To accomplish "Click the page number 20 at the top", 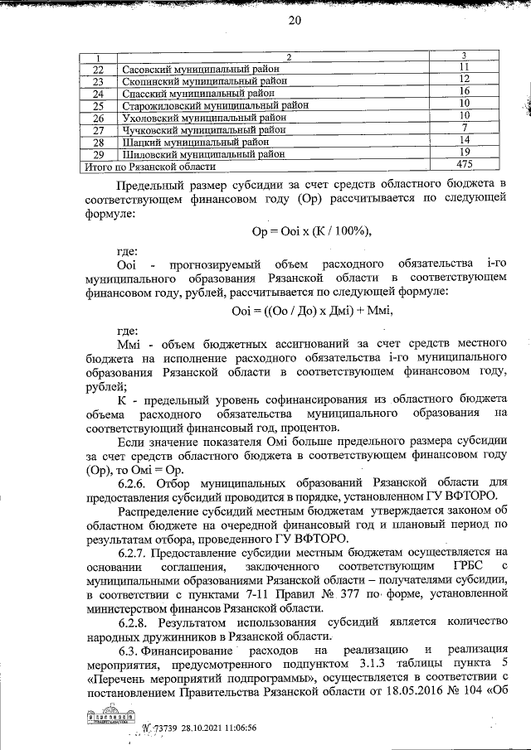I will [x=294, y=22].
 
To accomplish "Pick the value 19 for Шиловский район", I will [x=465, y=152].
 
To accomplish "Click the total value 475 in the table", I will [x=465, y=166].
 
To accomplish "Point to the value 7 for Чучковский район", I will [x=465, y=128].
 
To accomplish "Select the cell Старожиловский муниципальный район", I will [x=215, y=106].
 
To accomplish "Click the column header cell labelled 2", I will [x=290, y=56].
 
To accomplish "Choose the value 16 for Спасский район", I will [x=465, y=91].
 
